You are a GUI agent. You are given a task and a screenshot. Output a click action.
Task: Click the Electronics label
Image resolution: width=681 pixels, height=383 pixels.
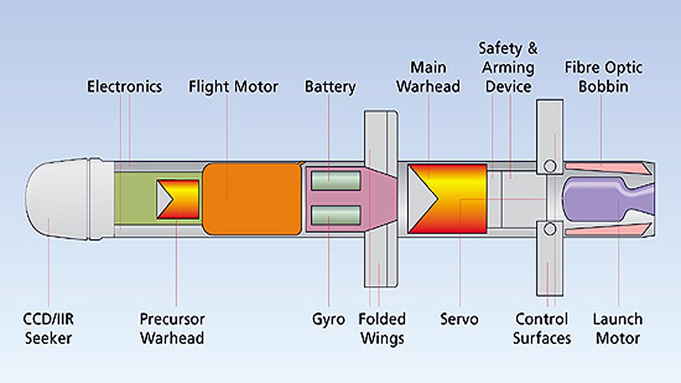coord(124,87)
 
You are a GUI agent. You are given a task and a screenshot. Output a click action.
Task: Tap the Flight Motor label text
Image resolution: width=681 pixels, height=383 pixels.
coord(233,87)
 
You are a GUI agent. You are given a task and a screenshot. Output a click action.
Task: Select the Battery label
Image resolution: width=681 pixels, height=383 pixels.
coord(330,87)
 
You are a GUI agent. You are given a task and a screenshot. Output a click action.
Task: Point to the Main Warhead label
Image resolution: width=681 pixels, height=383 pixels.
coord(428,77)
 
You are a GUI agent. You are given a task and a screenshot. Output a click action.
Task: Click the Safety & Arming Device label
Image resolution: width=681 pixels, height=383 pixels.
coord(507,68)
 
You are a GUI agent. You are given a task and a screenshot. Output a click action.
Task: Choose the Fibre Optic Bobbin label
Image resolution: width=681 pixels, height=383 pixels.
coord(604,77)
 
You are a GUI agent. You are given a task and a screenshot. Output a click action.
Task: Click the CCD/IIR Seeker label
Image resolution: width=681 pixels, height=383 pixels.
coord(49,329)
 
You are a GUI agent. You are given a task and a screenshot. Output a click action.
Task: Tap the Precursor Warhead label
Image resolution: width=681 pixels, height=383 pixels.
coord(172,329)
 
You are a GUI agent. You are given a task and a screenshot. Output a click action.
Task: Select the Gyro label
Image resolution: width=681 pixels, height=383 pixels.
coord(328,319)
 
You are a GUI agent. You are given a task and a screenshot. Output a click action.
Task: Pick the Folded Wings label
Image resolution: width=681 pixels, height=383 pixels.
coord(382,329)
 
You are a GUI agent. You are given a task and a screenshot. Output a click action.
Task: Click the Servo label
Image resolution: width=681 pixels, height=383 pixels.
coord(459,319)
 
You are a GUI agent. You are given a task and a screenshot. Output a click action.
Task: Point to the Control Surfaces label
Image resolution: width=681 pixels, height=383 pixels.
coord(542,329)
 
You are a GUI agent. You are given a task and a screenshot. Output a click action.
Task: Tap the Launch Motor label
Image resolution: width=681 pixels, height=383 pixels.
coord(617,329)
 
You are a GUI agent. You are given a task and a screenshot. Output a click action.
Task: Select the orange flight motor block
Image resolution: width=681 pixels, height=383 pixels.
coord(252,198)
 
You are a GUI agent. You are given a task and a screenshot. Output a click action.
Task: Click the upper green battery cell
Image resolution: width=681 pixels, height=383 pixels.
coord(335,181)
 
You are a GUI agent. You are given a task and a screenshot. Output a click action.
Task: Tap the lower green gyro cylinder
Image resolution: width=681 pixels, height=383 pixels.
coord(335,215)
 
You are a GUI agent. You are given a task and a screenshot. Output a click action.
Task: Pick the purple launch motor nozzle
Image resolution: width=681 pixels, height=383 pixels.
coord(602,198)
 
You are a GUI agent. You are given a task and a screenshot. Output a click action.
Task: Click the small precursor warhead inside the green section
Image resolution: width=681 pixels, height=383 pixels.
coord(178,199)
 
